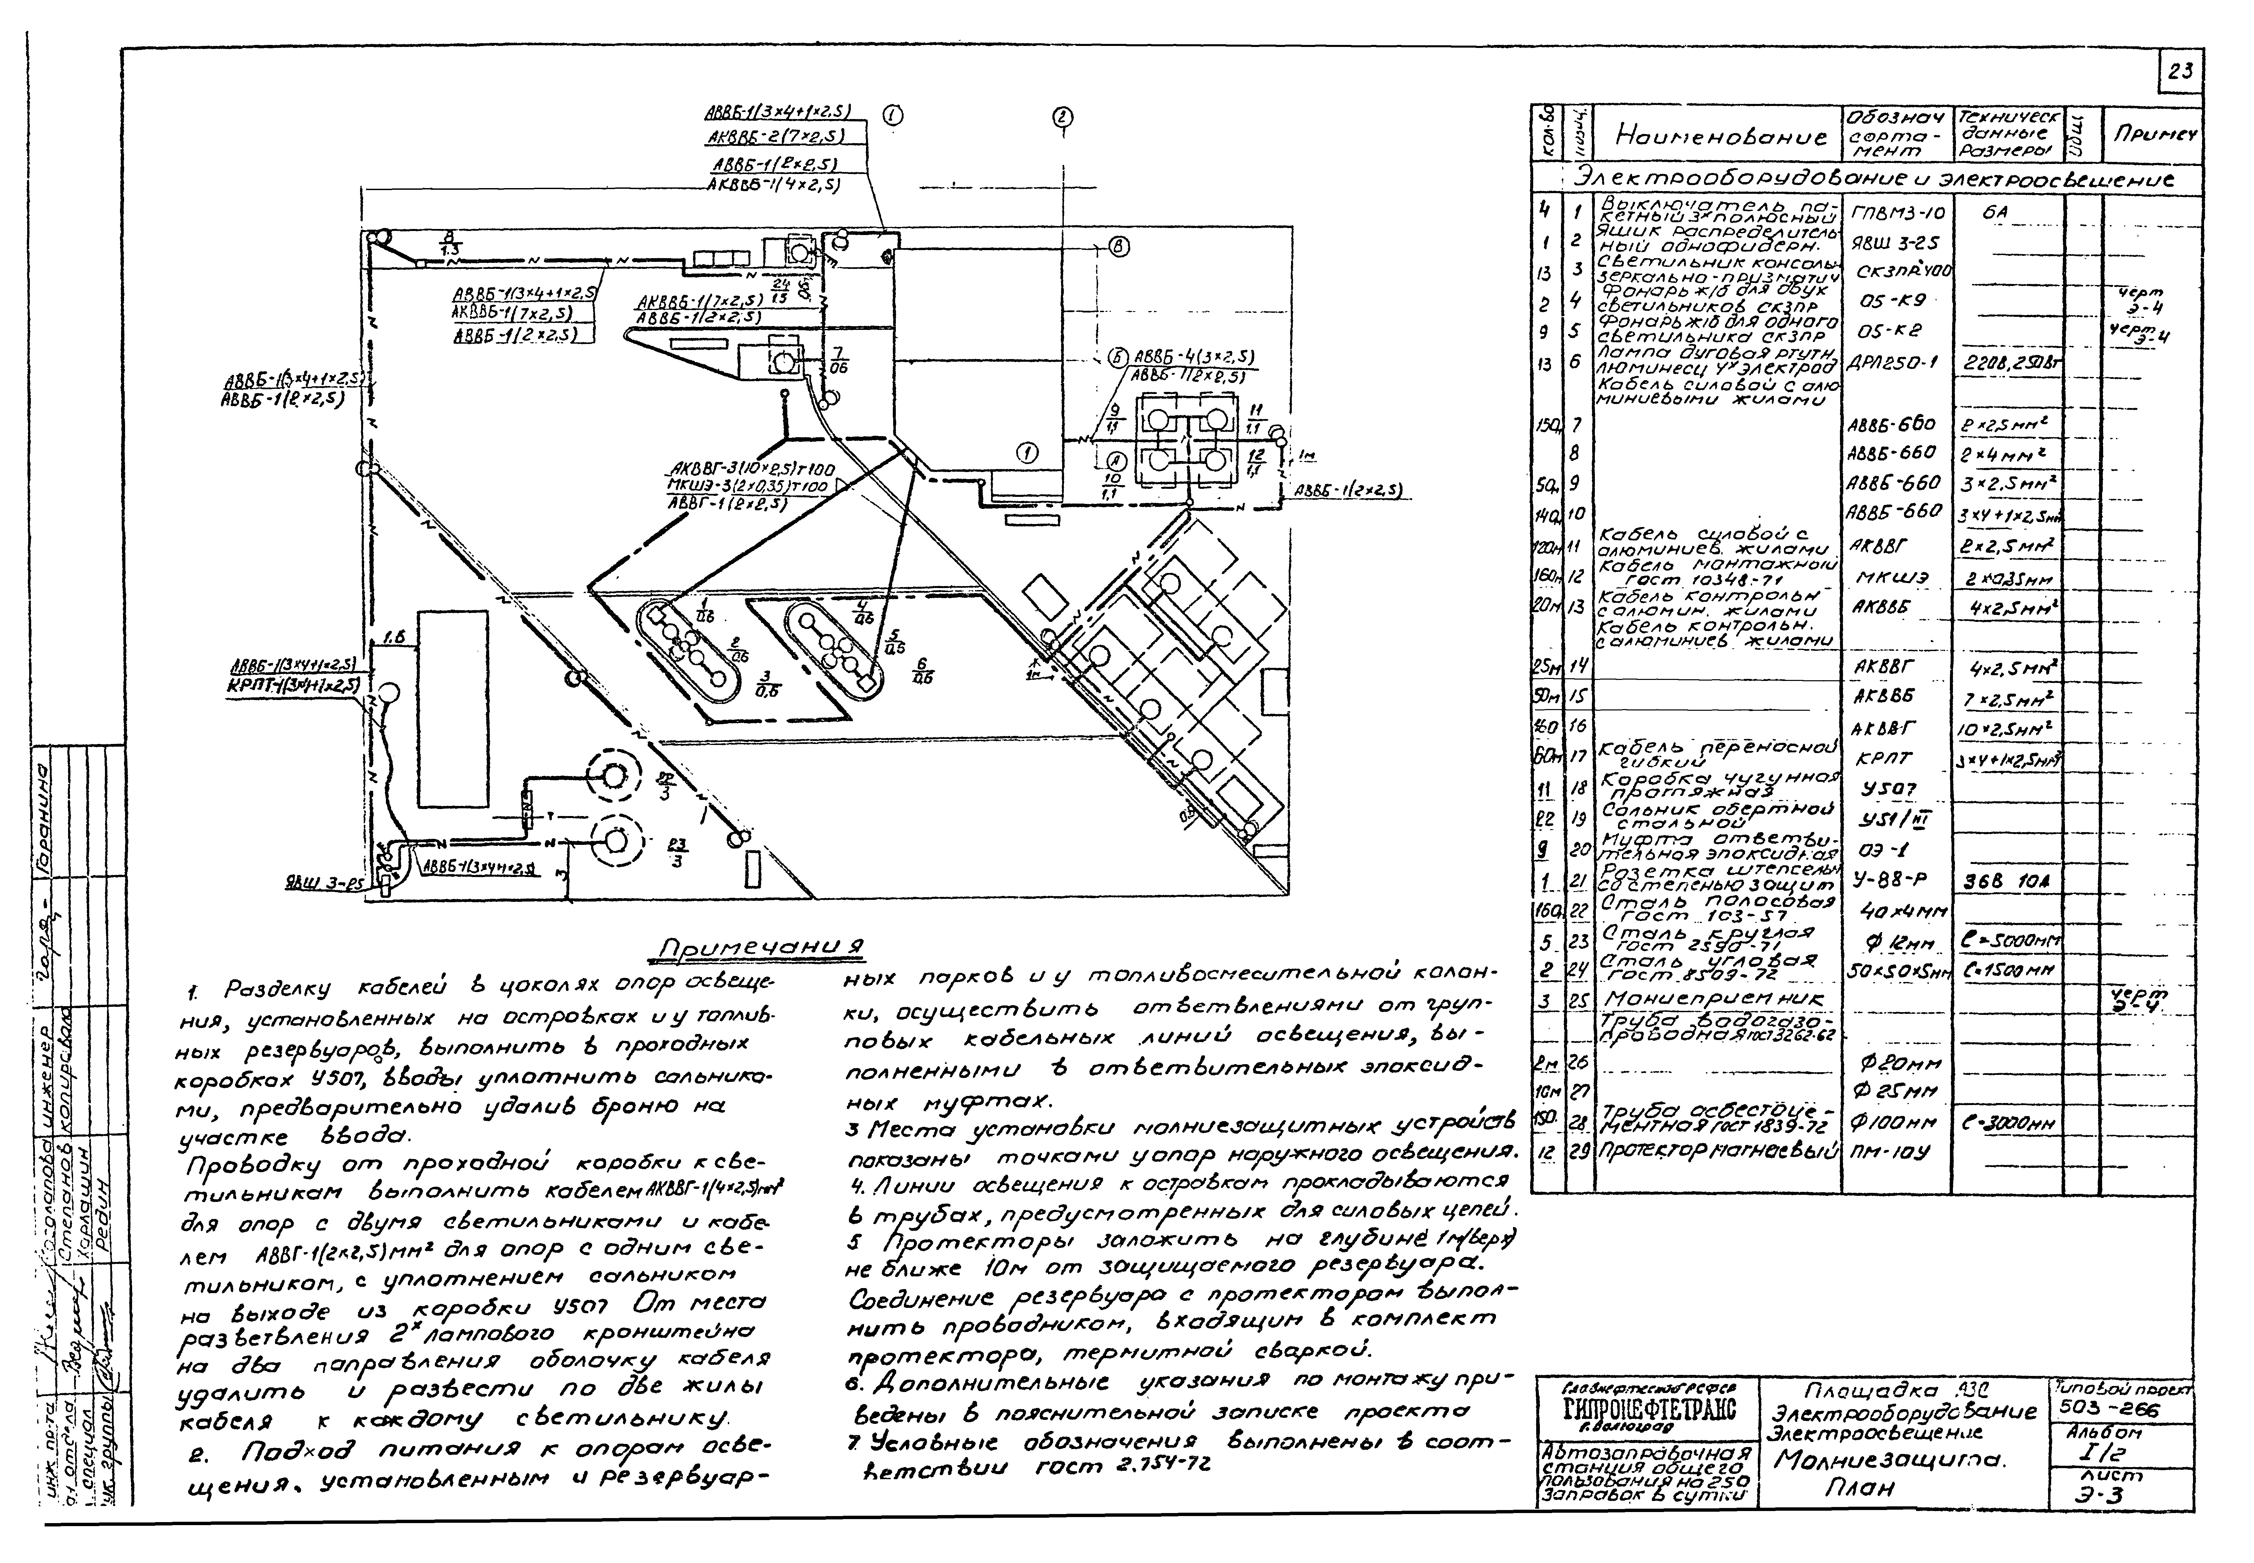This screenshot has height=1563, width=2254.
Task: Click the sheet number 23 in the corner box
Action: click(x=2181, y=71)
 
